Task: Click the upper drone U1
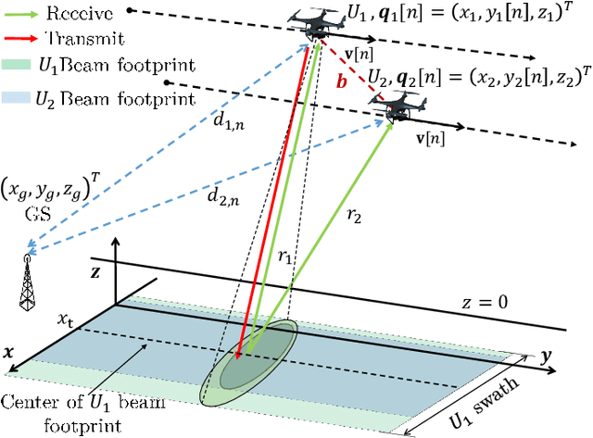pyautogui.click(x=313, y=25)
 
